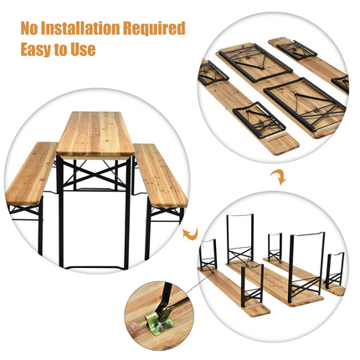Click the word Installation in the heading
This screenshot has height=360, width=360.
(90, 28)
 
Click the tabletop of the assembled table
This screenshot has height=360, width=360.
(95, 135)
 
